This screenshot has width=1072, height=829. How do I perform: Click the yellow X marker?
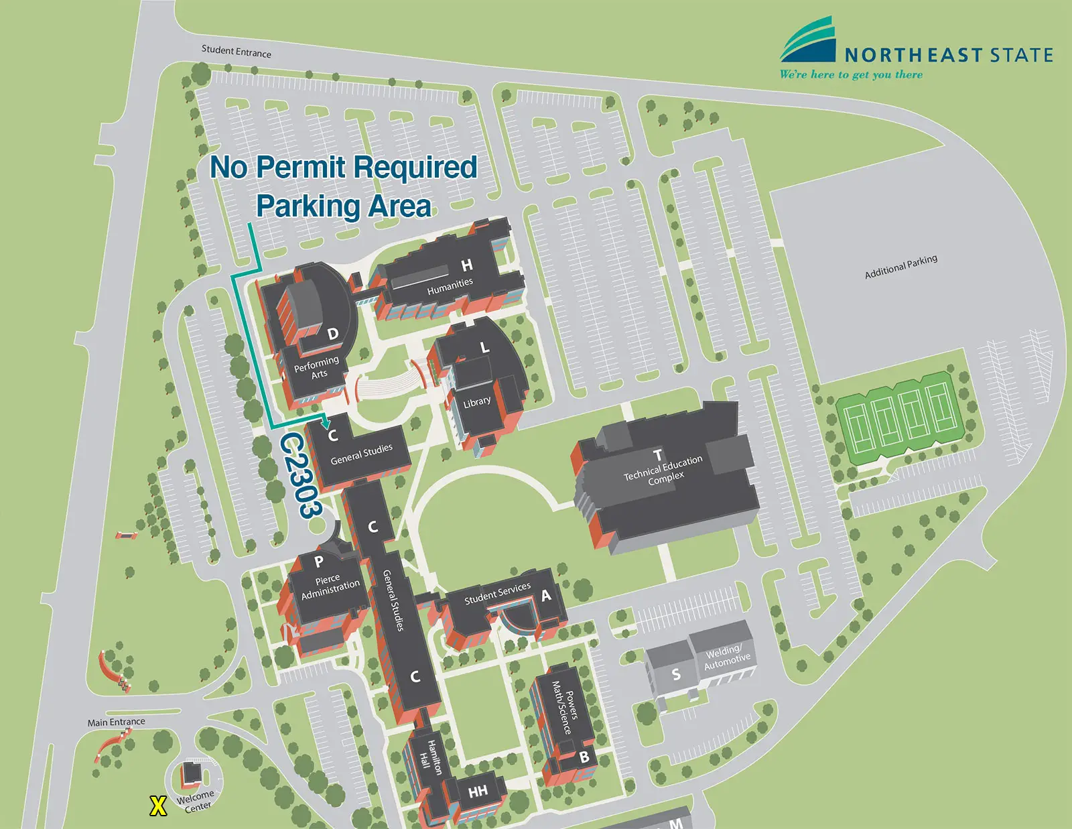coord(158,806)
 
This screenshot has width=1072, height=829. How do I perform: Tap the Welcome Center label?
coord(196,801)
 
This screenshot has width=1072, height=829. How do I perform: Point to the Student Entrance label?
coord(237,52)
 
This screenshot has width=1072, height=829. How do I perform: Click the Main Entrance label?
coord(116,722)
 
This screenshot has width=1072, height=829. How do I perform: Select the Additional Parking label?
coord(900,267)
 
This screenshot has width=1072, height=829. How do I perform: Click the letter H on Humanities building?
coord(467,265)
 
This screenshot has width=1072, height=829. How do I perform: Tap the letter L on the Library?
coord(484,347)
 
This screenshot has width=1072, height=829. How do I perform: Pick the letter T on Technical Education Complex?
coord(657,454)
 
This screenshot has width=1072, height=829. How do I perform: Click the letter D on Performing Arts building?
coord(333,334)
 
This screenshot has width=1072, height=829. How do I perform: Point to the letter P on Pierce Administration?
coord(319,562)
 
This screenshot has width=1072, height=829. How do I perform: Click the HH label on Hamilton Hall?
coord(478,792)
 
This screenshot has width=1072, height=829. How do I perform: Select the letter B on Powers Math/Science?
coord(584,757)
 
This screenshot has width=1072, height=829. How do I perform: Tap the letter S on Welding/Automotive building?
coord(676,674)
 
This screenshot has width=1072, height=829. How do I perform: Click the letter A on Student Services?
coord(546,595)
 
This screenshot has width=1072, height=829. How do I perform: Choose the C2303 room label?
coord(301,474)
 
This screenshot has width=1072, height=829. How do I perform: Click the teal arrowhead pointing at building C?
coord(326,424)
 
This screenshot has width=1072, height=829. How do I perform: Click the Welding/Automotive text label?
coord(726,656)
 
